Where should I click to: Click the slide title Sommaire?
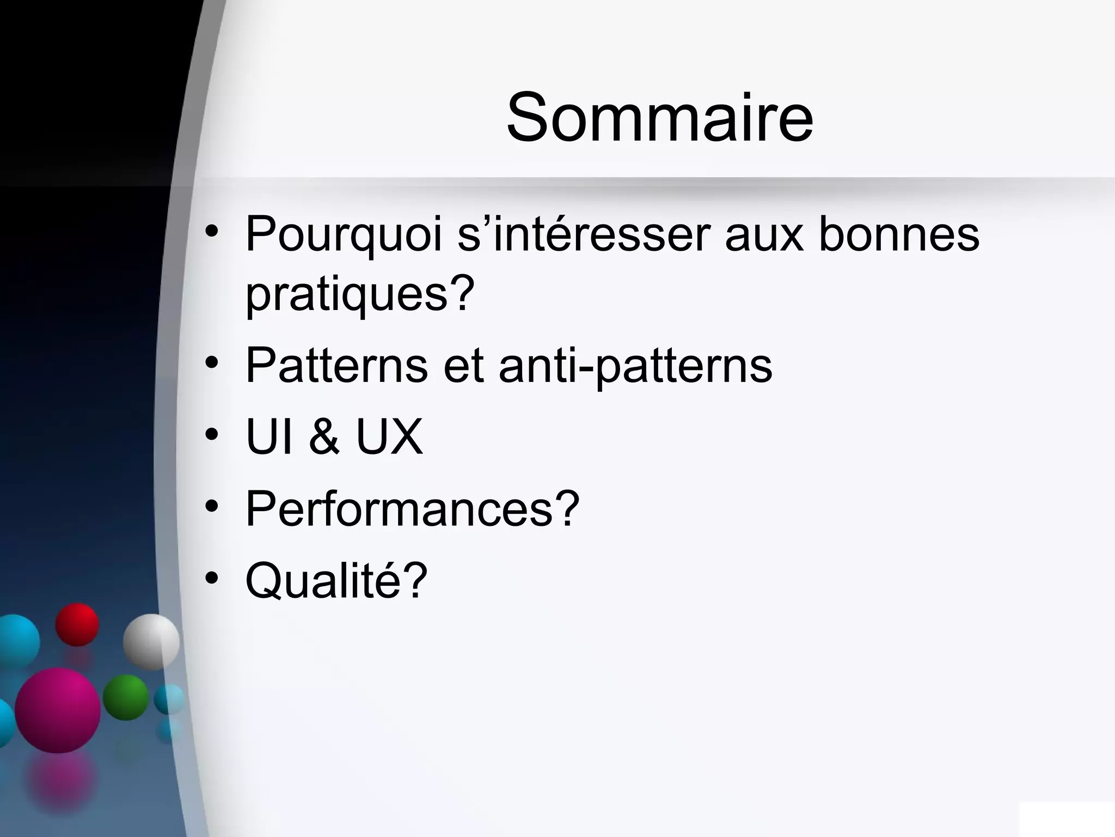click(659, 117)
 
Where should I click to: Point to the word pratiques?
click(360, 294)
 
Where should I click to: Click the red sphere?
click(77, 624)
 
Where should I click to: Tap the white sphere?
click(151, 641)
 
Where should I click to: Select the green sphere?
click(126, 697)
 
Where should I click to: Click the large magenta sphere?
click(58, 710)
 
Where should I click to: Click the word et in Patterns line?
click(463, 366)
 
